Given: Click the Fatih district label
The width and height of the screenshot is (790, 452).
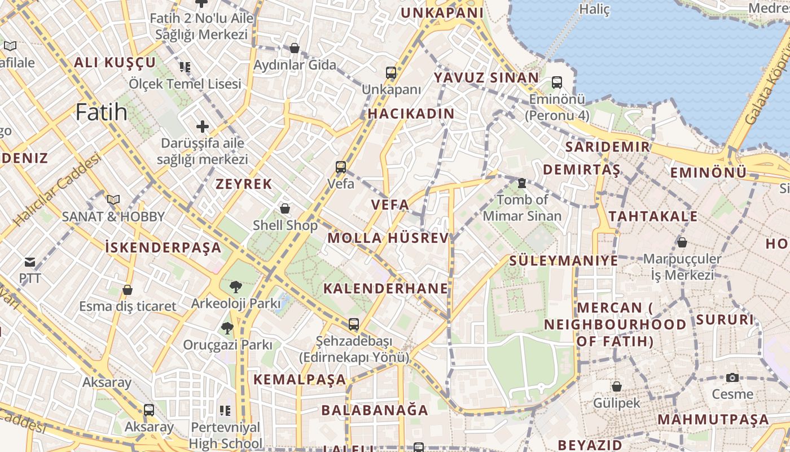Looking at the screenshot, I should tap(102, 112).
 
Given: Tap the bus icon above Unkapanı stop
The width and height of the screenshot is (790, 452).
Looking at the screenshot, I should tap(391, 73).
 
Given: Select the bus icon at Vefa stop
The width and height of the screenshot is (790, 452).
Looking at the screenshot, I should tap(341, 167).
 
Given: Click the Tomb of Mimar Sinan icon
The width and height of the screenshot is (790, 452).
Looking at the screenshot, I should tap(522, 183).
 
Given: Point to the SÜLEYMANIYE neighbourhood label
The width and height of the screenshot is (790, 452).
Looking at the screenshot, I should tap(564, 260).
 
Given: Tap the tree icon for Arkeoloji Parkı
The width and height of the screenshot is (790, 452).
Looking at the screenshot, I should tap(235, 287).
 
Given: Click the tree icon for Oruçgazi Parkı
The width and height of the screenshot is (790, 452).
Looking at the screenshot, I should tap(227, 328).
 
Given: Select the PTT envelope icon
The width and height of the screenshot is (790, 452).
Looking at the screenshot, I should tap(30, 262).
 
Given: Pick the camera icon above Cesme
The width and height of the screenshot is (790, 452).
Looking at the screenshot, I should tap(732, 377).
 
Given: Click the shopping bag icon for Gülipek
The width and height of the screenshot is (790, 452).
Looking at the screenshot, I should tap(617, 386).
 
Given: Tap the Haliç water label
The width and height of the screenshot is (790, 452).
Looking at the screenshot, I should tap(595, 9).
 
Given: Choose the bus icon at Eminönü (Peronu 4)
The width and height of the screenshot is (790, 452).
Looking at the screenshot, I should tap(557, 82).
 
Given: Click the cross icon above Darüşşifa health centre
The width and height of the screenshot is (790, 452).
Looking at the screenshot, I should tap(203, 126).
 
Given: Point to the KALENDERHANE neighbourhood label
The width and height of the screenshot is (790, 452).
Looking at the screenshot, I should tap(386, 288).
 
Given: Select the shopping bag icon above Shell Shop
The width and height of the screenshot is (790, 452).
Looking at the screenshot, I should tap(285, 208).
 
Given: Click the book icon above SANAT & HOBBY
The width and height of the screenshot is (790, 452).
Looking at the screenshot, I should tap(113, 199).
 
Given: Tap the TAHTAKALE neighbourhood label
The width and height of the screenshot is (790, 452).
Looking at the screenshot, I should tap(653, 216).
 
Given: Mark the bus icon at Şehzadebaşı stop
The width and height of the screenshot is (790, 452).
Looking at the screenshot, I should tap(354, 324).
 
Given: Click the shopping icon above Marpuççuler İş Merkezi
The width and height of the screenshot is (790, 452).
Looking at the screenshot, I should tap(682, 242).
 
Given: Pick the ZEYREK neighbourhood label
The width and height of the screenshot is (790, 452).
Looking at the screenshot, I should tap(244, 184).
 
